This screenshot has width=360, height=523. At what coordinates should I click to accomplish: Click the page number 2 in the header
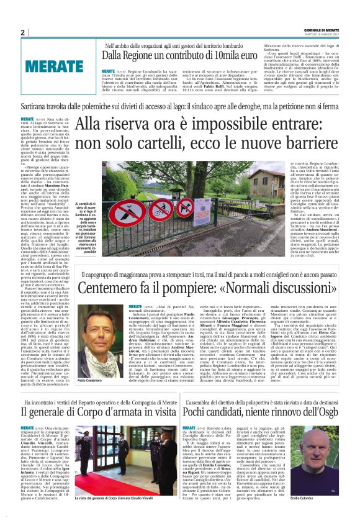(x=22, y=33)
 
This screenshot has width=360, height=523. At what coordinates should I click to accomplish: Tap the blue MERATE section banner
(x=55, y=65)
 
